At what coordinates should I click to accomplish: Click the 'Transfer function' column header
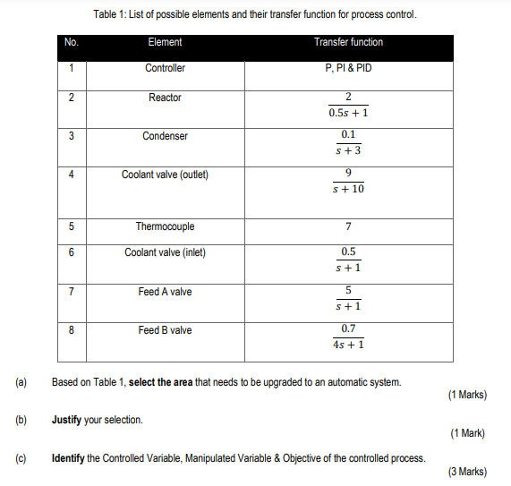(348, 42)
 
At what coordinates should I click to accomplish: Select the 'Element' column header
(165, 42)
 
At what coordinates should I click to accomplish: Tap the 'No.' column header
(72, 42)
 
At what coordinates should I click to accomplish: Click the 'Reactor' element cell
(165, 98)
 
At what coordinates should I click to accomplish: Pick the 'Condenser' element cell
(165, 136)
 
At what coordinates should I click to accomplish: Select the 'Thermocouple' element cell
(165, 226)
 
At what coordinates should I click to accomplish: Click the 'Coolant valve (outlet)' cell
(165, 175)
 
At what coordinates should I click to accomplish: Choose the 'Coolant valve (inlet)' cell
(165, 252)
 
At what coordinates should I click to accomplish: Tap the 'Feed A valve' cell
(165, 292)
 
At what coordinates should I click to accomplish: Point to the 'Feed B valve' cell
(165, 330)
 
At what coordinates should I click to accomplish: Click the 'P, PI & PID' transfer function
(348, 68)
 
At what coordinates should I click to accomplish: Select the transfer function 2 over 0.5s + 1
(348, 105)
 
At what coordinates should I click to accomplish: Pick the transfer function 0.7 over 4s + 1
(348, 337)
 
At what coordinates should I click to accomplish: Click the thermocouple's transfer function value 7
(348, 226)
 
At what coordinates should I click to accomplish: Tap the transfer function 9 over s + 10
(348, 182)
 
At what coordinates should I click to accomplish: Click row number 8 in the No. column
(71, 330)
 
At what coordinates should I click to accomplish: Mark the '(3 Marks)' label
(464, 472)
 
